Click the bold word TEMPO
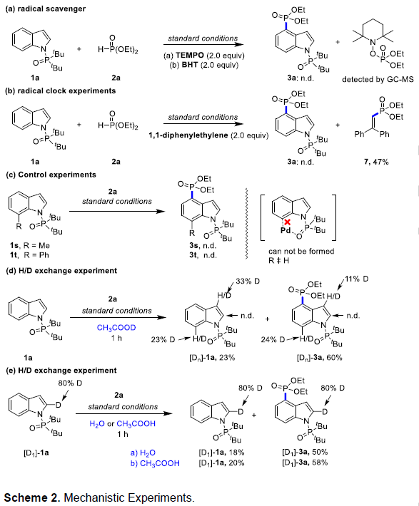coord(190,55)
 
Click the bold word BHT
coord(190,65)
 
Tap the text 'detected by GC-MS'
coord(378,79)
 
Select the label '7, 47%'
coord(376,162)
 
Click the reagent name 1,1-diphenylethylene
coord(188,135)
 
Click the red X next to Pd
coord(287,222)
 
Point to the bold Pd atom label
coord(286,231)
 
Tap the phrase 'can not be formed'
coord(301,251)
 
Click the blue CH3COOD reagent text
coord(116,328)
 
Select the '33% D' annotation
coord(248,282)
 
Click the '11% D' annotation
coord(357,279)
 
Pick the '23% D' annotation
coord(163,340)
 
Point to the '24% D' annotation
coord(273,339)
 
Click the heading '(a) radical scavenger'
coord(46,9)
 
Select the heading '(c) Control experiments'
coord(51,175)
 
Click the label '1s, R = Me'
coord(30,246)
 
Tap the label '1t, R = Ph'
coord(29,255)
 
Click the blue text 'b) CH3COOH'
coord(155,464)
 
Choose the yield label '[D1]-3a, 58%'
coord(305,463)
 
